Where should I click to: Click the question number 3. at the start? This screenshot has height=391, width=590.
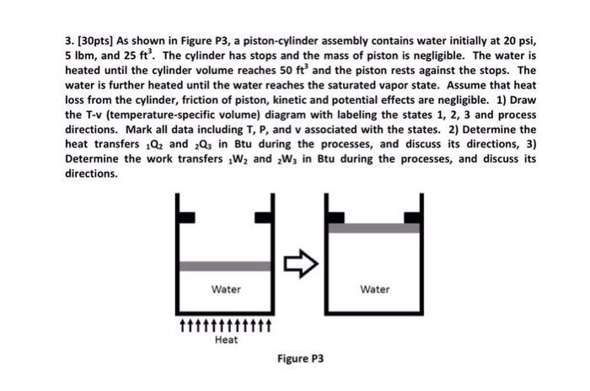pyautogui.click(x=71, y=40)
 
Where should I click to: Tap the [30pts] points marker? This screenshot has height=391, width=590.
pyautogui.click(x=99, y=40)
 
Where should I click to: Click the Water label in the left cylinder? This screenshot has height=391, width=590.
pyautogui.click(x=226, y=289)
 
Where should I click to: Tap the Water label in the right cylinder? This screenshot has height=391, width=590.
pyautogui.click(x=375, y=289)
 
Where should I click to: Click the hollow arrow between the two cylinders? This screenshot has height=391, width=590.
pyautogui.click(x=300, y=264)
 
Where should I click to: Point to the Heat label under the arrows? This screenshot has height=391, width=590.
pyautogui.click(x=226, y=340)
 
